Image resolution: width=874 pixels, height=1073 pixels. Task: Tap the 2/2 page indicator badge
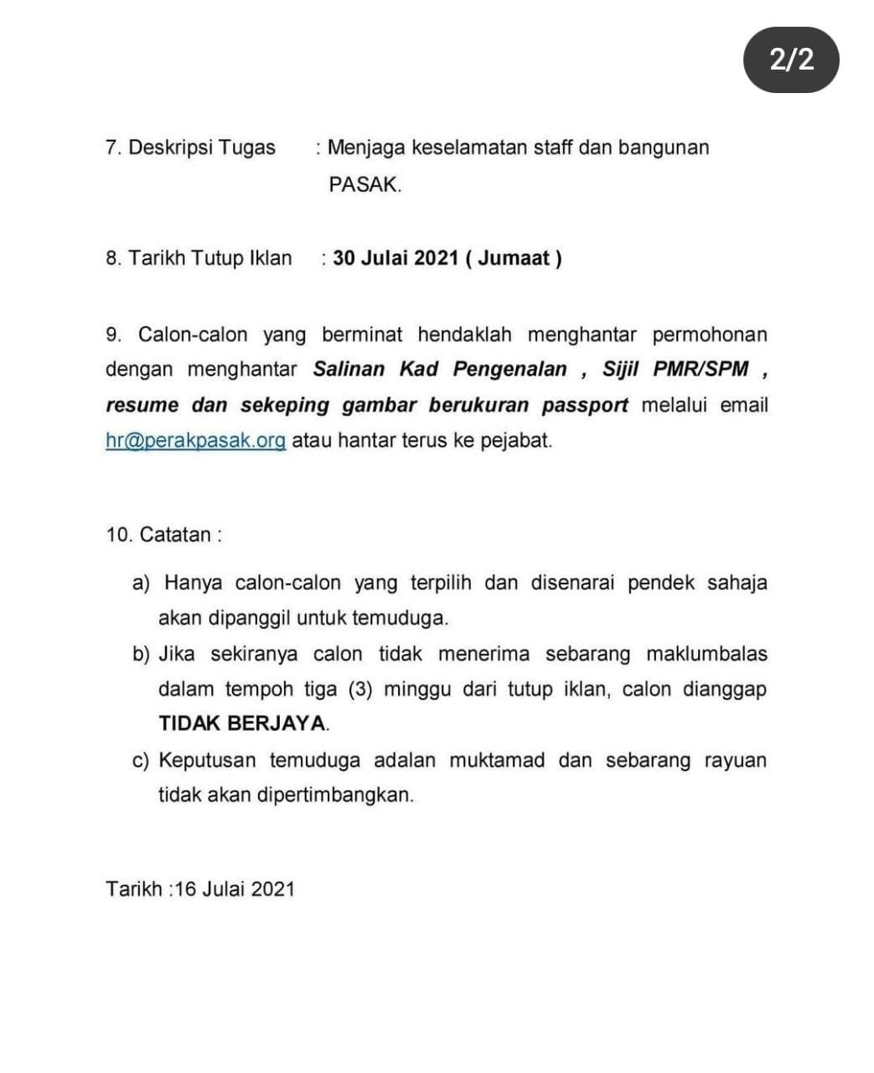(x=791, y=60)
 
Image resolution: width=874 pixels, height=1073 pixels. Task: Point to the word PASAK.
(x=365, y=184)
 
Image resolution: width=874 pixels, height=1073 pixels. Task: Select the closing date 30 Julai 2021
(x=395, y=258)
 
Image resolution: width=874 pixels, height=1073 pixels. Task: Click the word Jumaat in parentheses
(x=515, y=258)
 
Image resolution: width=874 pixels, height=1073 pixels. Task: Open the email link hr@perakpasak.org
(x=195, y=440)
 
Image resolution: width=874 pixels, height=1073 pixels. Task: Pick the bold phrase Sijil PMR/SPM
(x=675, y=369)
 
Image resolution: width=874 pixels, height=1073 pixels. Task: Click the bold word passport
(x=584, y=405)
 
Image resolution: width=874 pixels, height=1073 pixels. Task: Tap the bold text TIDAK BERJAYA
(x=243, y=723)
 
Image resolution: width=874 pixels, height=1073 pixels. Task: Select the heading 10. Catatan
(x=164, y=535)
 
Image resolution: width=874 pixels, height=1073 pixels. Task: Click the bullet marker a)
(x=140, y=583)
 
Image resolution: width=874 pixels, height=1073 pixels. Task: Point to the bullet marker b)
(x=141, y=654)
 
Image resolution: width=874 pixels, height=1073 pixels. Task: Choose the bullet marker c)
(x=140, y=760)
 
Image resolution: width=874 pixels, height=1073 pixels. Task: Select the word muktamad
(x=497, y=760)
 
